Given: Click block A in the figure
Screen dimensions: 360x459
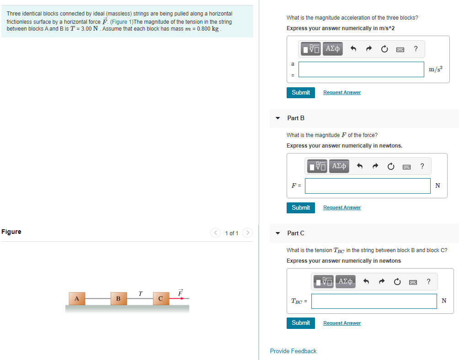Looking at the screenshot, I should point(77,298).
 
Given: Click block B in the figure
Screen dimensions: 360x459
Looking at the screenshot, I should point(118,299).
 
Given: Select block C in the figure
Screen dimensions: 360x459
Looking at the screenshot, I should point(160,299).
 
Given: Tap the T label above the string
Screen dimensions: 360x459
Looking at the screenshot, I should point(140,293).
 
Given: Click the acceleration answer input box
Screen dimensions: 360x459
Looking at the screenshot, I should point(361,69).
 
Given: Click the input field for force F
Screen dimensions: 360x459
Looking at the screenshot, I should point(368,185).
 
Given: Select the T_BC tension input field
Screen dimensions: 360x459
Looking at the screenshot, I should point(374,301).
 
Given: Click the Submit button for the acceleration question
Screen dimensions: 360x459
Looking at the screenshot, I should point(301,92).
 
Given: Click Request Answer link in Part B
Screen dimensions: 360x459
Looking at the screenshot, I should point(342,207).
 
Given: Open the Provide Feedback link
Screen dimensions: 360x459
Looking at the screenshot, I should point(293,351).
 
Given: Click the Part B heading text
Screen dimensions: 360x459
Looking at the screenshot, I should point(296,118).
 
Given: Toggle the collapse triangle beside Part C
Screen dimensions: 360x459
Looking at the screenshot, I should point(278,233).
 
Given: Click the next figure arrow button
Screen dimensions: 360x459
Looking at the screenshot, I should point(247,233).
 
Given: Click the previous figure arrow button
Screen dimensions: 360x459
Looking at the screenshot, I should point(216,233).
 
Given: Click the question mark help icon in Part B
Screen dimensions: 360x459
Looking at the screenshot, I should point(422,166).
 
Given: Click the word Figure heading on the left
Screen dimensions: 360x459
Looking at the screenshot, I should point(11,232).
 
